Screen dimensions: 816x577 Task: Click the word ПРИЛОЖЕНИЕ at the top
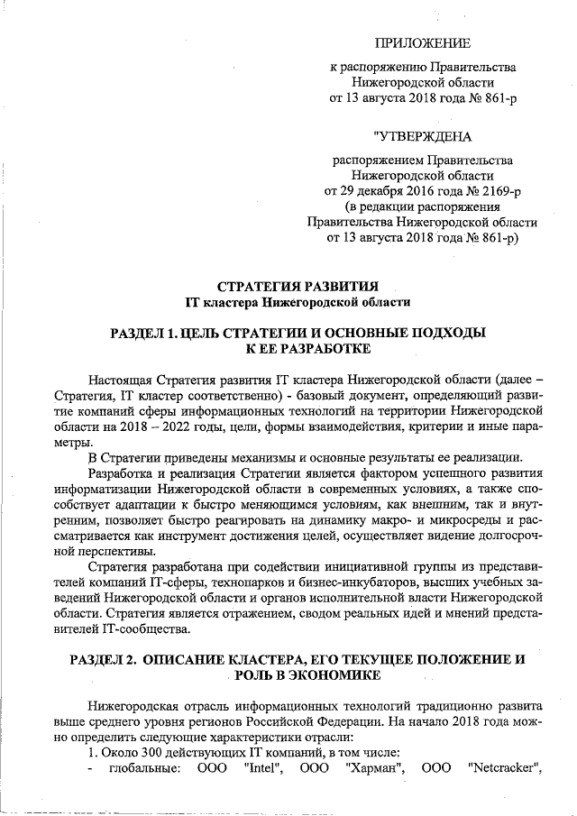[422, 42]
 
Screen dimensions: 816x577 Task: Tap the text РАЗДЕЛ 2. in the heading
[104, 659]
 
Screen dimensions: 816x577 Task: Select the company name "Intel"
[264, 767]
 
